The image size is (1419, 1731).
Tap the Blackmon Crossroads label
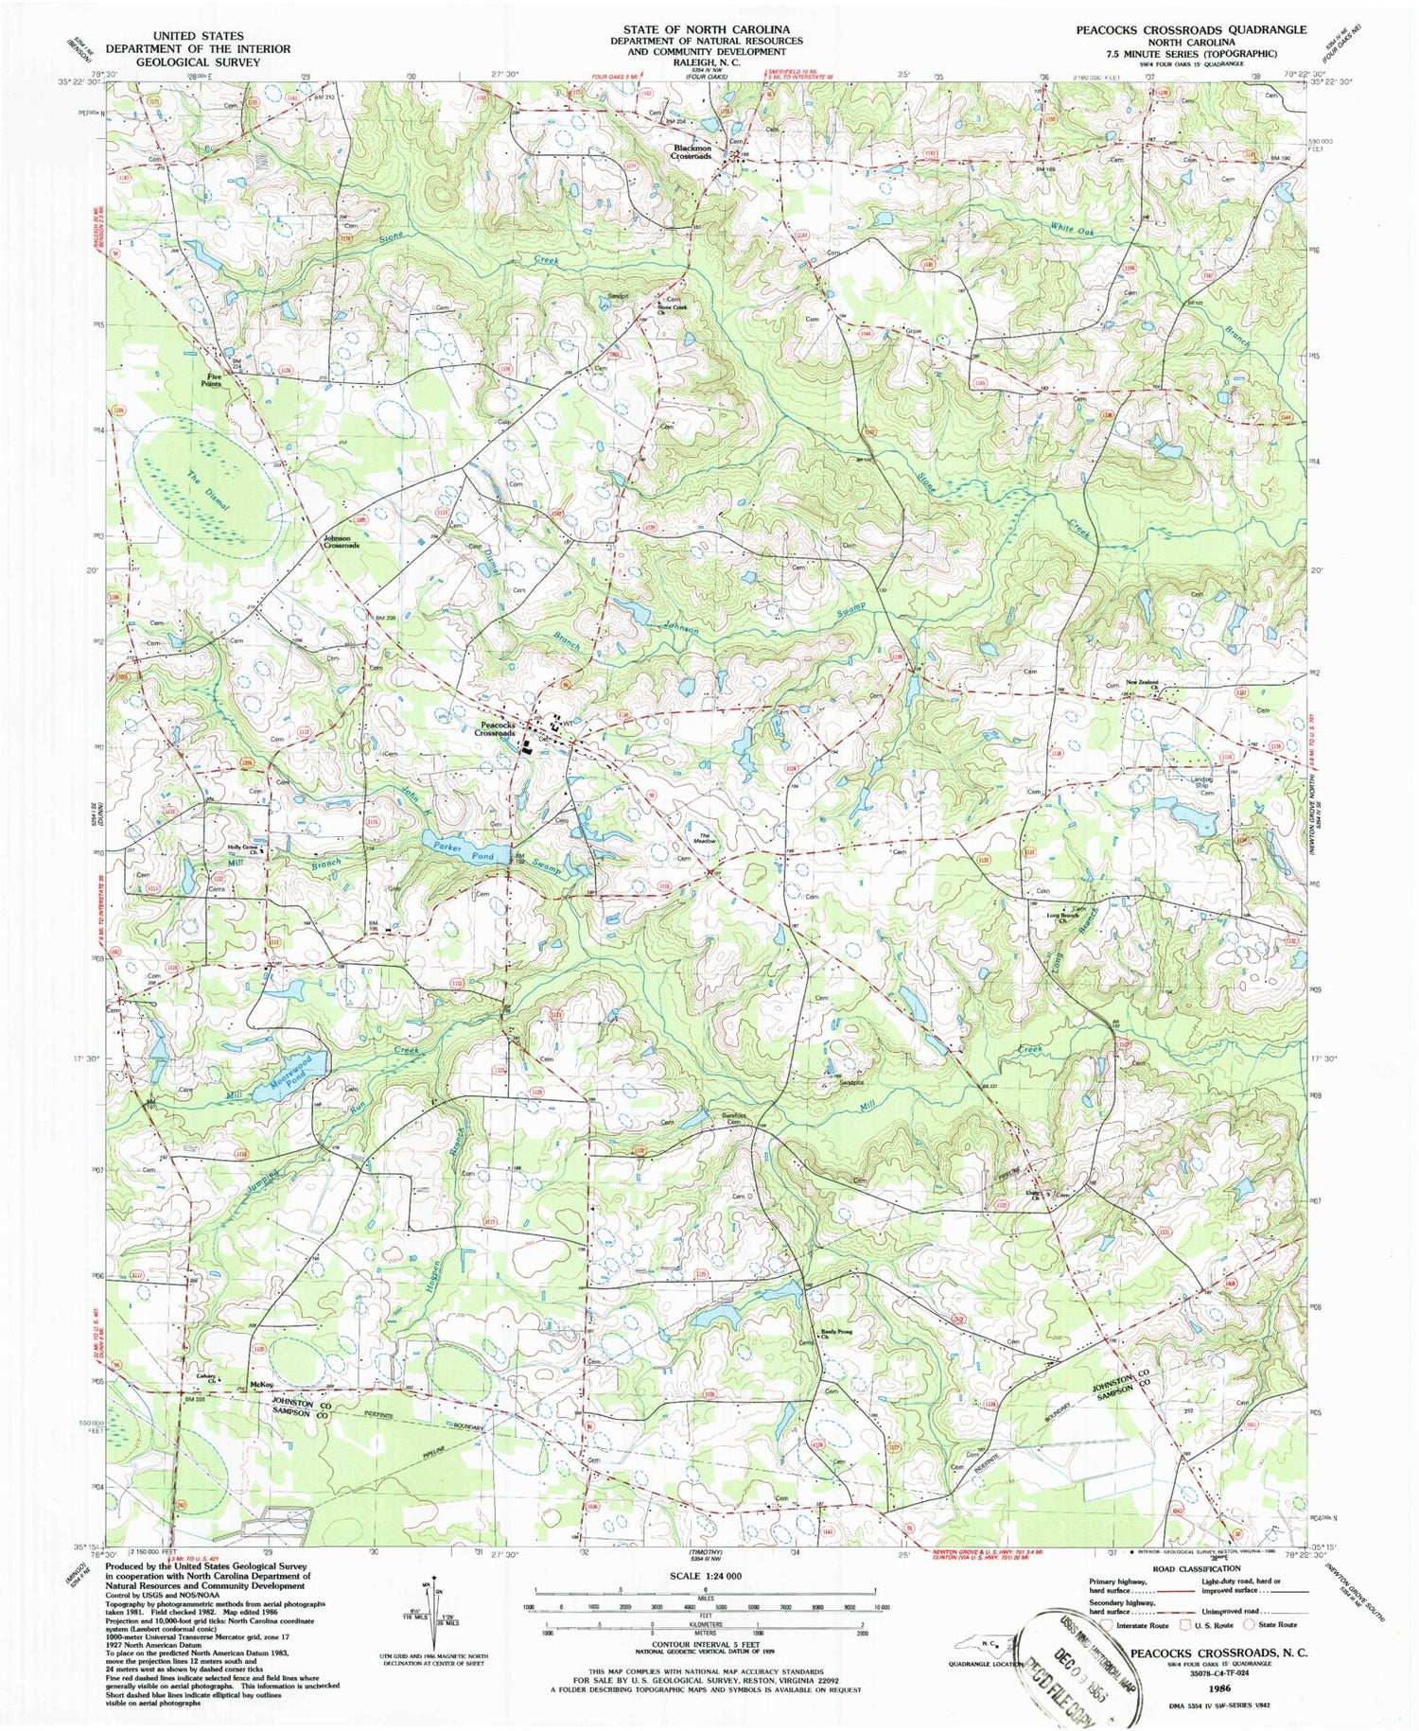point(692,151)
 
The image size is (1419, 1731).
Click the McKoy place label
point(260,1386)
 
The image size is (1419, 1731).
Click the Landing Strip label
point(1199,782)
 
